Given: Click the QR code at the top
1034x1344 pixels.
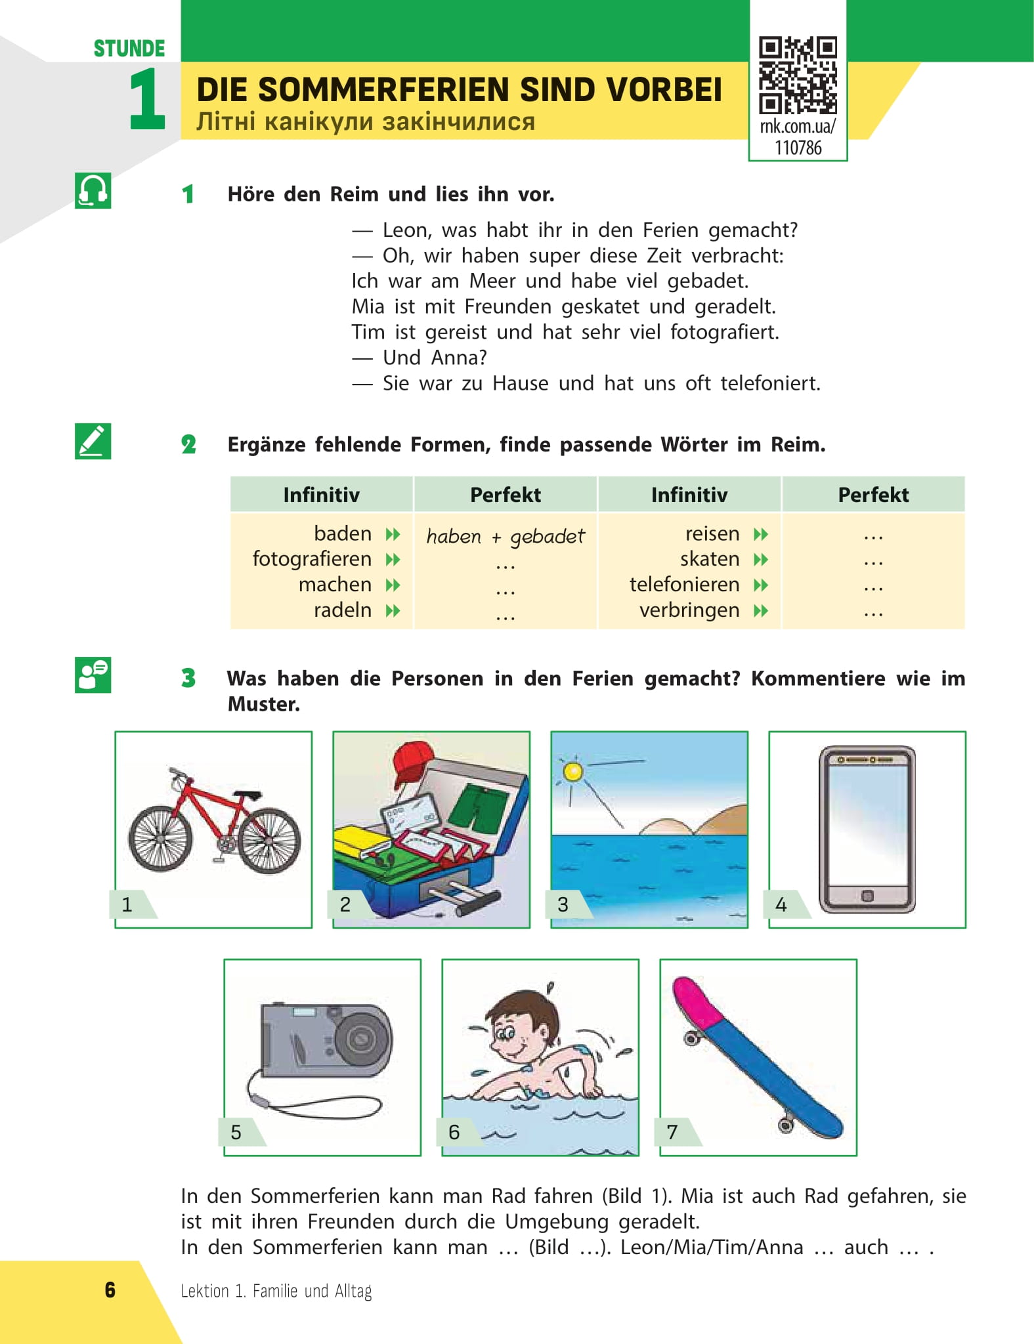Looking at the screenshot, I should [798, 75].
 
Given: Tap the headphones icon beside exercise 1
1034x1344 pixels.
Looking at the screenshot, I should [93, 191].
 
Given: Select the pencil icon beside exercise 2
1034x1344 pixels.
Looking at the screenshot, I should [93, 441].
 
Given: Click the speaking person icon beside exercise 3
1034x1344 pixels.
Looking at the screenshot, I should [93, 675].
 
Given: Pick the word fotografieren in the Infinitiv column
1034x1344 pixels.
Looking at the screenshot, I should [312, 559].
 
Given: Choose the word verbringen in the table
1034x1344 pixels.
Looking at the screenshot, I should [689, 610].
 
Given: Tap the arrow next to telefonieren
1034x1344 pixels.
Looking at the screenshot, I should [761, 585].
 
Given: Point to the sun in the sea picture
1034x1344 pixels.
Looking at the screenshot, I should [573, 772].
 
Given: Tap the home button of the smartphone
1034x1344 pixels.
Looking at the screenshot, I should [867, 896].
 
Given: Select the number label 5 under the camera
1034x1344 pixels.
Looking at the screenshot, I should [236, 1132].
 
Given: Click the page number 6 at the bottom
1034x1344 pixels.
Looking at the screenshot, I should [110, 1290].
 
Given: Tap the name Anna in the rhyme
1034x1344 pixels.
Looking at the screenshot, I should [458, 358].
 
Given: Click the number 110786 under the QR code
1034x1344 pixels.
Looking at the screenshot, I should [798, 148].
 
